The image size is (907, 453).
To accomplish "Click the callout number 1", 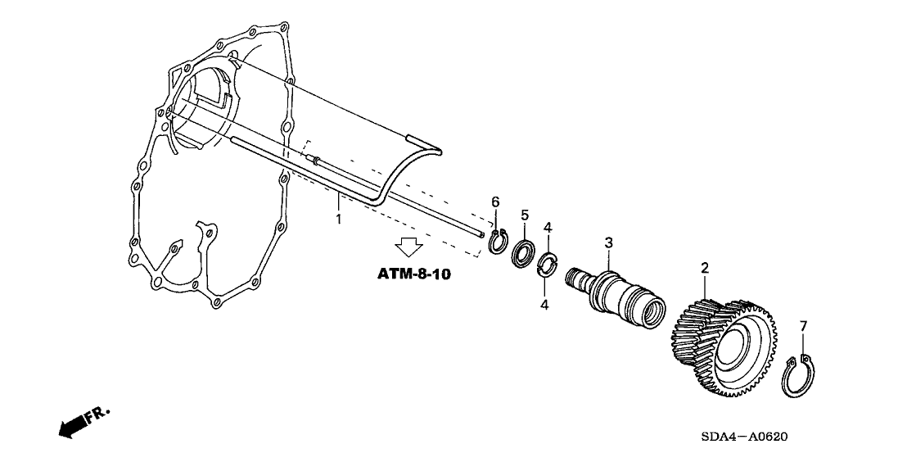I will click(x=338, y=220).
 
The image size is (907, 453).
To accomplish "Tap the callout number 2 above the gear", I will click(x=703, y=268).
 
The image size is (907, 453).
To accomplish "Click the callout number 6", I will click(x=494, y=202).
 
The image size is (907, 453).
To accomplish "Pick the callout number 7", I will click(x=803, y=326).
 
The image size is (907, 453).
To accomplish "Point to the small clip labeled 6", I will click(x=497, y=243).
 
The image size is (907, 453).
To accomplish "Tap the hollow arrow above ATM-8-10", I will click(x=407, y=247).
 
